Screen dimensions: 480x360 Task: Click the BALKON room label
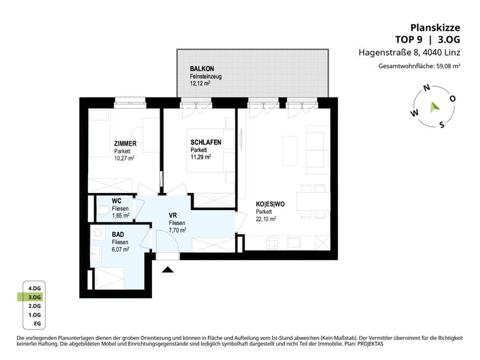pos(202,69)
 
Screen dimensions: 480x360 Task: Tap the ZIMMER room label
pos(125,144)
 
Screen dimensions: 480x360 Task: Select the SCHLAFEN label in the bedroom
pos(206,142)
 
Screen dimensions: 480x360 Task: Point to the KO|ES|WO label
pos(270,204)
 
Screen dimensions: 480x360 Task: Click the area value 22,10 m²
pos(266,219)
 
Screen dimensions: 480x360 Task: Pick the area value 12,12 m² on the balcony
pos(200,84)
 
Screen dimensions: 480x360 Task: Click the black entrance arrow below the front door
pos(167,270)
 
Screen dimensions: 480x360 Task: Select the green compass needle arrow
pos(434,107)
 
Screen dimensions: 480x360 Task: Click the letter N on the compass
pos(426,88)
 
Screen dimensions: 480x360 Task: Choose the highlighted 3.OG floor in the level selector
pos(34,297)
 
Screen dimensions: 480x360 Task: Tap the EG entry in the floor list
pos(37,324)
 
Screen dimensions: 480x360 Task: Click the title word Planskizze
pos(435,28)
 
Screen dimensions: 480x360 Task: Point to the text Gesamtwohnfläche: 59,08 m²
pos(419,66)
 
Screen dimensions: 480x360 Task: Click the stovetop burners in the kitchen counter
pos(272,243)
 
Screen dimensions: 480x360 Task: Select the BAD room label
pos(118,235)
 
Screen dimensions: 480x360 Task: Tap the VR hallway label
pos(172,216)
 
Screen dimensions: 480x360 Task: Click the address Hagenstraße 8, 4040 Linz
pos(409,52)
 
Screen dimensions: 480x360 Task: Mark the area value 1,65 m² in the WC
pos(121,216)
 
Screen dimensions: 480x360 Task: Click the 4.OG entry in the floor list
pos(34,288)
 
